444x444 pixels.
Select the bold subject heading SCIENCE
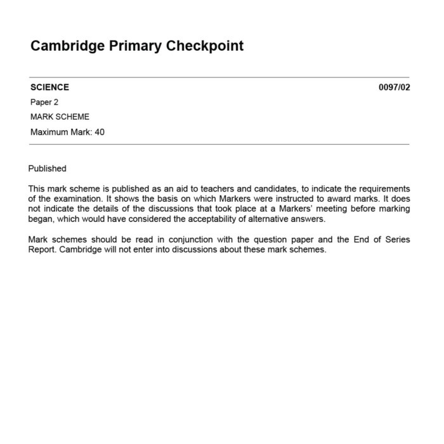pos(49,88)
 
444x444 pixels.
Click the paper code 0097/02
pos(394,88)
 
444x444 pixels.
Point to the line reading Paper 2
pos(44,102)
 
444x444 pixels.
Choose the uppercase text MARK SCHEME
pos(60,117)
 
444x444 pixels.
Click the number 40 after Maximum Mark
pos(100,132)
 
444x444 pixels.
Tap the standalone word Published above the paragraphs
pos(47,169)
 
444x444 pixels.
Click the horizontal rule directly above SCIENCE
pos(219,77)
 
